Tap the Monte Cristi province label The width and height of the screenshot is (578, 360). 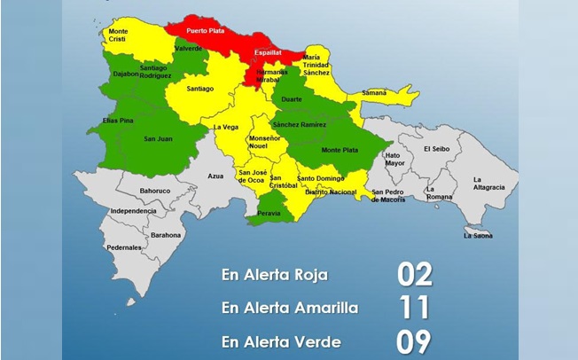point(118,35)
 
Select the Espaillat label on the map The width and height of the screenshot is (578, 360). point(268,52)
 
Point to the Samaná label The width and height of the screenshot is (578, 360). point(373,92)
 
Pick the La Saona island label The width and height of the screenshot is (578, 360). point(479,235)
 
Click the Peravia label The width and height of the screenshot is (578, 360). point(269,215)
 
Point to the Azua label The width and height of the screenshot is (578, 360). point(215,176)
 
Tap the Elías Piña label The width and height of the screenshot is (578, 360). point(117,120)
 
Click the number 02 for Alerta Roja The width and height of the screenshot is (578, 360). point(413,275)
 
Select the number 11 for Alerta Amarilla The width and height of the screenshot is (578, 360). point(413,308)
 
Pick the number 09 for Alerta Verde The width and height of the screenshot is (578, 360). point(413,340)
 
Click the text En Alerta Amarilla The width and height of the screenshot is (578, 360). point(290,309)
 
